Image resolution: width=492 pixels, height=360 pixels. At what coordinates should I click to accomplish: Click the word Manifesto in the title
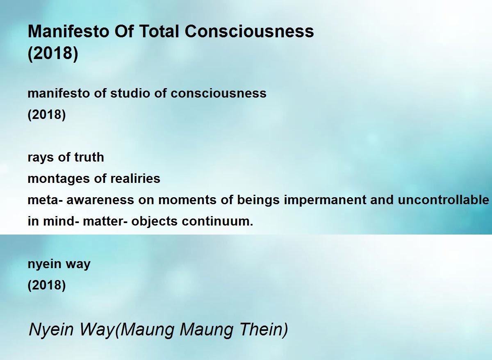68,31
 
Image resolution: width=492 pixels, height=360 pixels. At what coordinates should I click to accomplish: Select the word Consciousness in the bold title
249,31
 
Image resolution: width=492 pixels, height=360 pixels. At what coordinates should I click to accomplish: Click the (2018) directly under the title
53,53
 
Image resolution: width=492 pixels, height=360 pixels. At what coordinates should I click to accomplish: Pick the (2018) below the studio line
47,115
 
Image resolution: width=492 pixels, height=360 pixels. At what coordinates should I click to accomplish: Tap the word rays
41,158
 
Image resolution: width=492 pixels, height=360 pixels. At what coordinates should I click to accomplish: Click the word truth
89,157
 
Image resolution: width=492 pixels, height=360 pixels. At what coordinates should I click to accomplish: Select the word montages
59,179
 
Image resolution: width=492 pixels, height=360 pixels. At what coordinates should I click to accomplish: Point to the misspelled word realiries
135,178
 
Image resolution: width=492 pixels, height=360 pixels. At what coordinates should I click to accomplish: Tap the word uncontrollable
443,200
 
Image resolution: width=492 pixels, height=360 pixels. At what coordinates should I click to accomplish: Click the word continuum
217,221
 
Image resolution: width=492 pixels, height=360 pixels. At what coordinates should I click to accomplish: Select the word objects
154,222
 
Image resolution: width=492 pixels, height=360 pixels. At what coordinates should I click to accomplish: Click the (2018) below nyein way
47,285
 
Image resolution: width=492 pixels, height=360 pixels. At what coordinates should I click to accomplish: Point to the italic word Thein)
264,330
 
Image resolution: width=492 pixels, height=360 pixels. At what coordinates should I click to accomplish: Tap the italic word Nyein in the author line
51,330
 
